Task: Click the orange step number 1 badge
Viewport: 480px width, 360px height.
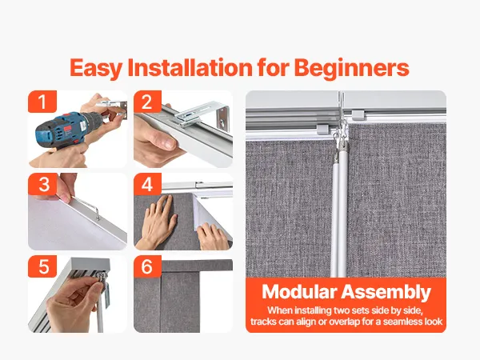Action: tap(42, 102)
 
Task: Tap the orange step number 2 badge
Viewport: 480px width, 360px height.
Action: tap(147, 102)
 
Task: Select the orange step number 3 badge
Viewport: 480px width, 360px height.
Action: tap(43, 184)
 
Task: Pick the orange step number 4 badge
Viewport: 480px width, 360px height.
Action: tap(147, 184)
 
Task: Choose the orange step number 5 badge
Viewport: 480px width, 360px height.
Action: tap(42, 266)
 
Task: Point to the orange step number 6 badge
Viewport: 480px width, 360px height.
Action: tap(147, 266)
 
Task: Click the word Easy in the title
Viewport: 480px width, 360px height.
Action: tap(96, 68)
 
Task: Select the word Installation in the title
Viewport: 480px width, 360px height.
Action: tap(190, 67)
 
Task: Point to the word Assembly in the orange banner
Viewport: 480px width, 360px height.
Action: tap(386, 292)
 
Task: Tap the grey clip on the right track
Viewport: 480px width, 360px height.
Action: tap(358, 115)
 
